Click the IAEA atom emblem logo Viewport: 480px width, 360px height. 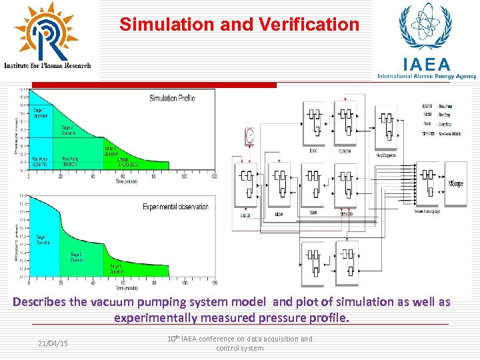click(x=424, y=28)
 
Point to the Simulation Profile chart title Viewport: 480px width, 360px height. click(x=172, y=98)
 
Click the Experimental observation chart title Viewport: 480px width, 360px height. click(x=175, y=207)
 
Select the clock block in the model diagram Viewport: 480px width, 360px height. click(x=249, y=136)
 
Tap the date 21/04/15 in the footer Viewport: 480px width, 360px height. click(x=53, y=343)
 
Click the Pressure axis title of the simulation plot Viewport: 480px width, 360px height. click(x=17, y=133)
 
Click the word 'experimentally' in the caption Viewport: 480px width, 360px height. click(x=156, y=318)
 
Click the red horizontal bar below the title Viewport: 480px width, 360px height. click(x=153, y=85)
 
